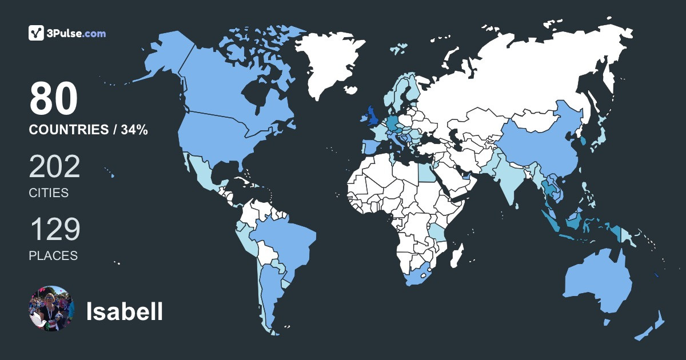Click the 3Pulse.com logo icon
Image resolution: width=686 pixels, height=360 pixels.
click(x=37, y=33)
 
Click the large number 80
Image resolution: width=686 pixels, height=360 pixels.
click(x=53, y=99)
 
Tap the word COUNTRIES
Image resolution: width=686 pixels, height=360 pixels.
click(x=68, y=130)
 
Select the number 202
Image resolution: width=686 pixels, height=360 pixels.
click(x=54, y=167)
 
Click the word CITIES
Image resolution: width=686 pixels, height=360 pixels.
click(x=49, y=193)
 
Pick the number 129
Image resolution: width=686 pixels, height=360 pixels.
click(x=54, y=230)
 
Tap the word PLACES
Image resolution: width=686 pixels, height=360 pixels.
click(x=53, y=255)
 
